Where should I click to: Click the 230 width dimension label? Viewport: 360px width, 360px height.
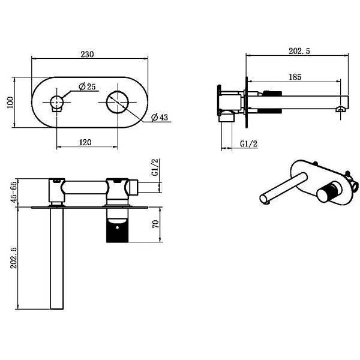click(x=87, y=54)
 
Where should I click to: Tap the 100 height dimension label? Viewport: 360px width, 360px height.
click(x=10, y=103)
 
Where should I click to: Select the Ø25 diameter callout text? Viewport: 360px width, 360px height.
click(x=87, y=86)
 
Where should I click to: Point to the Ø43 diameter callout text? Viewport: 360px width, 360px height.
click(x=160, y=118)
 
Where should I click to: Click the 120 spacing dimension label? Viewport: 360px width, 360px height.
click(x=85, y=142)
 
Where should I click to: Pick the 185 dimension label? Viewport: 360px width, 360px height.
click(x=295, y=77)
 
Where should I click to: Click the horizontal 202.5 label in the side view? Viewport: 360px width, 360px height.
click(x=299, y=51)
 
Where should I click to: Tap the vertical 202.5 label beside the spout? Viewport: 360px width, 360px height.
click(x=14, y=257)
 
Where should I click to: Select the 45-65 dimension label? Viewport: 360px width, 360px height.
click(x=14, y=192)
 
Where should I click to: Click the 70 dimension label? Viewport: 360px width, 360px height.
click(x=155, y=224)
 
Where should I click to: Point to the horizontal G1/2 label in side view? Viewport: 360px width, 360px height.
click(x=248, y=144)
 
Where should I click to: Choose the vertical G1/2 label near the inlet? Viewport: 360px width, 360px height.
click(x=155, y=167)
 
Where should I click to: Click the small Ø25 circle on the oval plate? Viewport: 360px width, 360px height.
click(x=56, y=102)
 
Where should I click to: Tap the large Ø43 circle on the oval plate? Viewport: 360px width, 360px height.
click(x=117, y=102)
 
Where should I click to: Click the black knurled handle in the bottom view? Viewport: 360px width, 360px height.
click(x=117, y=230)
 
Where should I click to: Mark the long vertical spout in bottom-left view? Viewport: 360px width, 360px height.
click(x=57, y=258)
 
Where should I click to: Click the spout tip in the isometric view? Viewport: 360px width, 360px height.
click(x=265, y=199)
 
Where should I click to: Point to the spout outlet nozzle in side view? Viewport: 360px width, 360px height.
click(x=340, y=110)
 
